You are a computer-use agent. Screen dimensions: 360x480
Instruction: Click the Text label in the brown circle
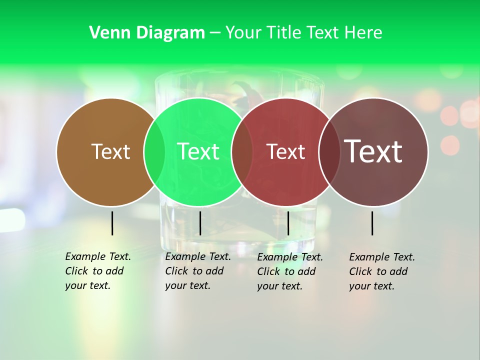point(110,151)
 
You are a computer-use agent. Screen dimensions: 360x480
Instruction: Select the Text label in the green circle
point(198,151)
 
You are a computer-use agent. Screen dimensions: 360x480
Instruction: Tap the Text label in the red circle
point(285,151)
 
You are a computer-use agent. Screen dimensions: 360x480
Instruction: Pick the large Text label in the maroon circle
point(373,151)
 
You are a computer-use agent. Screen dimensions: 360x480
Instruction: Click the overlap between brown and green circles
point(154,151)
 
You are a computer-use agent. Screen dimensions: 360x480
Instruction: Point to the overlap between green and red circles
point(242,151)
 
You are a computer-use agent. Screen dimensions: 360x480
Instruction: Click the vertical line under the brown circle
point(112,223)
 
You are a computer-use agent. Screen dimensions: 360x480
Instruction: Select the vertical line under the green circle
point(200,223)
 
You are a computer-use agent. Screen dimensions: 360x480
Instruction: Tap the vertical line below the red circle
point(288,223)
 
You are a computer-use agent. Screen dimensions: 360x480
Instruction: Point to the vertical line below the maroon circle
point(372,223)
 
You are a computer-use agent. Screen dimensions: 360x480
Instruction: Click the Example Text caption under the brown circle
point(97,271)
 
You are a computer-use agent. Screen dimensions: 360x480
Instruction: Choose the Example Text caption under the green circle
point(197,271)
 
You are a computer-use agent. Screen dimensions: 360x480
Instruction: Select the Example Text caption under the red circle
point(289,271)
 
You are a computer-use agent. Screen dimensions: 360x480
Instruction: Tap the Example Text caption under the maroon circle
point(381,271)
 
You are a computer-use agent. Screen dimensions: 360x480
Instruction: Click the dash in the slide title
point(214,33)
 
